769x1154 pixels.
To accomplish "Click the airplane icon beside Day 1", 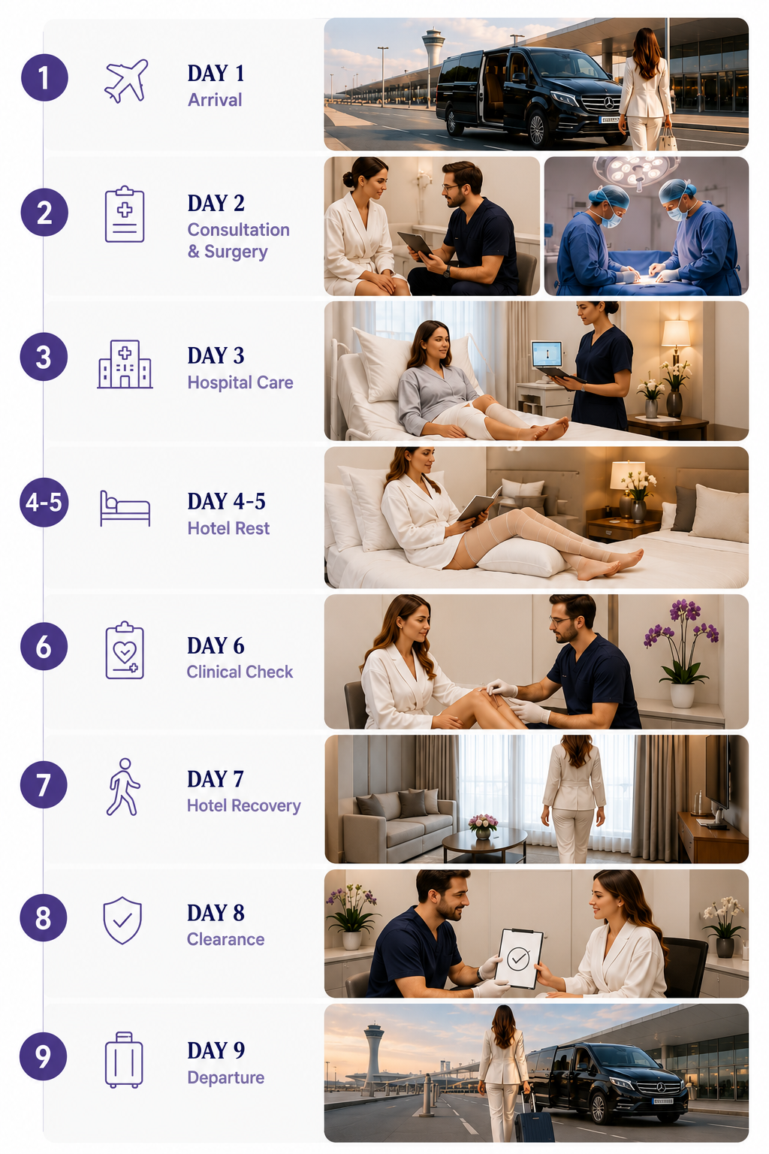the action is (126, 81).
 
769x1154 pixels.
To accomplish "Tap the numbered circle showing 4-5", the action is (44, 502).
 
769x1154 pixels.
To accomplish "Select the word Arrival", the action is (215, 99).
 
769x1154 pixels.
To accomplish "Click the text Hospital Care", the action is (240, 382).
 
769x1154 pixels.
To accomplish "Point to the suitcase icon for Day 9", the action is (124, 1060).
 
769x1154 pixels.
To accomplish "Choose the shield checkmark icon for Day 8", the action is (122, 920).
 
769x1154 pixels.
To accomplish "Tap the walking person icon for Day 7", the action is (122, 787).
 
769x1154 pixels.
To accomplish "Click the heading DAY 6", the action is (216, 645).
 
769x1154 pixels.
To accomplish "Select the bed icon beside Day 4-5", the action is (125, 509).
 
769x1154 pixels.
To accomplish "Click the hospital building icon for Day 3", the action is (125, 364).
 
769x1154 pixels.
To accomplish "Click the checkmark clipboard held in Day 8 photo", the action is (519, 958).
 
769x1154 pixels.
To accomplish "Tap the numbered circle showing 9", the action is (44, 1056).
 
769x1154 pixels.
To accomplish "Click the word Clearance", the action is (225, 939).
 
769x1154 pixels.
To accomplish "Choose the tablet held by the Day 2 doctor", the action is (415, 245).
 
